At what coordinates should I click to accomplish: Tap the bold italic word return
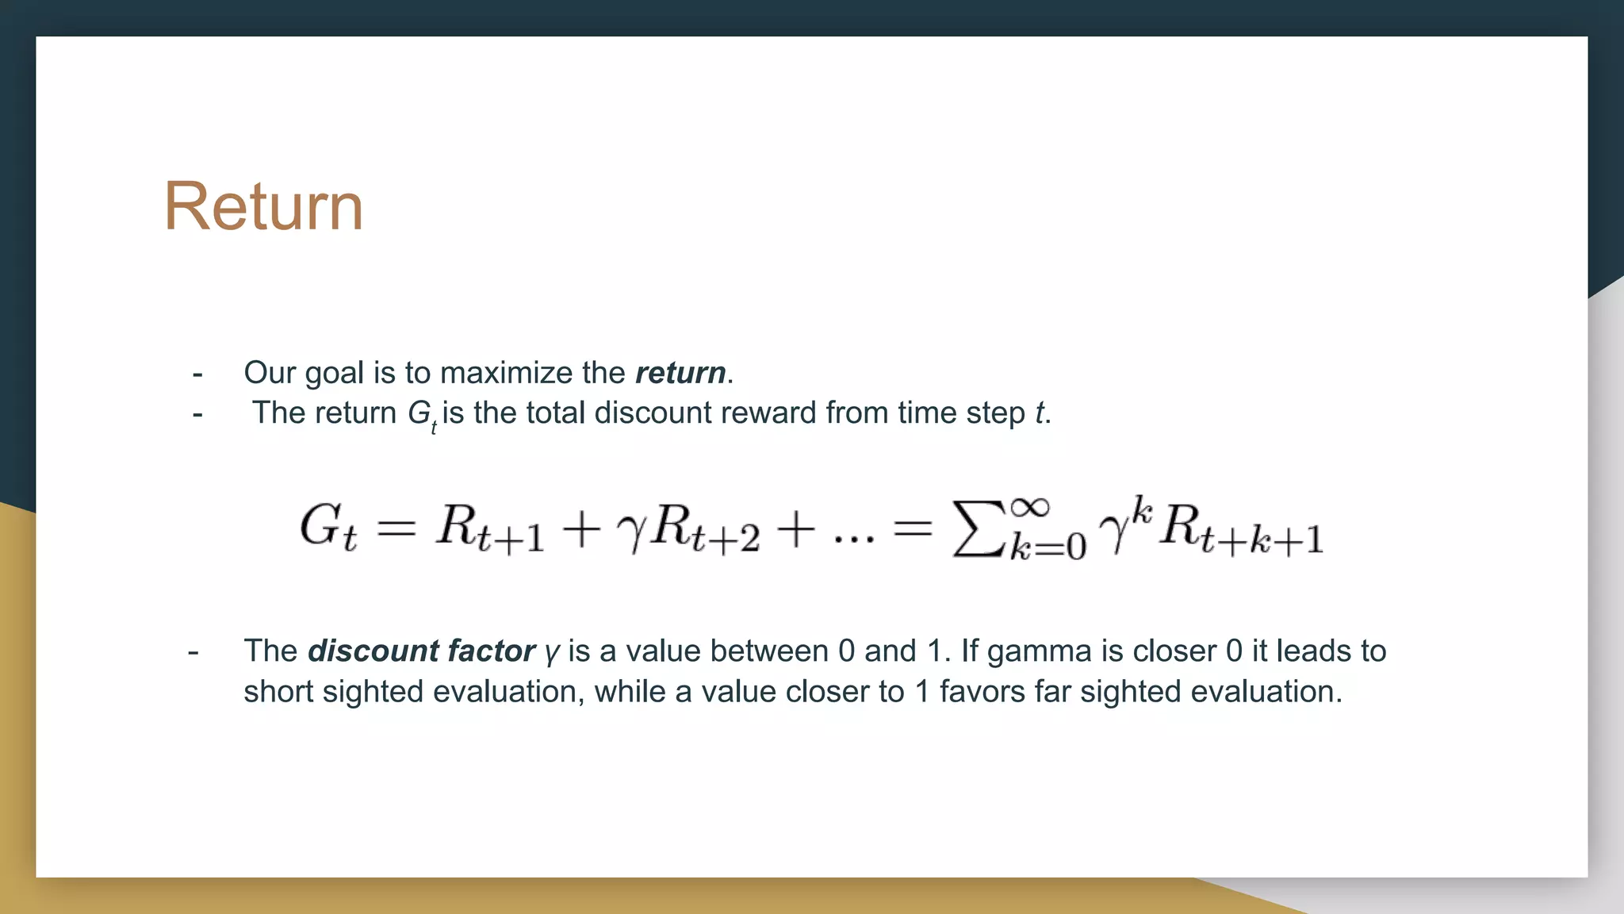tap(680, 373)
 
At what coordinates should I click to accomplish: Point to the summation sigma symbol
tap(979, 528)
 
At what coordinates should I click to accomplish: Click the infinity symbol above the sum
tap(1029, 505)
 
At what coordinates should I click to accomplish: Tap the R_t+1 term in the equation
tap(490, 529)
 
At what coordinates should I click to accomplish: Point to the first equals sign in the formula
tap(396, 528)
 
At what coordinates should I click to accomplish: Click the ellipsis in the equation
tap(854, 540)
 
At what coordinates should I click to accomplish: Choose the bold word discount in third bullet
tap(373, 651)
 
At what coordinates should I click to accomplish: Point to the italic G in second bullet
tap(419, 413)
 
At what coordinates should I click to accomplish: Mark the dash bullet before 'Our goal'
tap(197, 374)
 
